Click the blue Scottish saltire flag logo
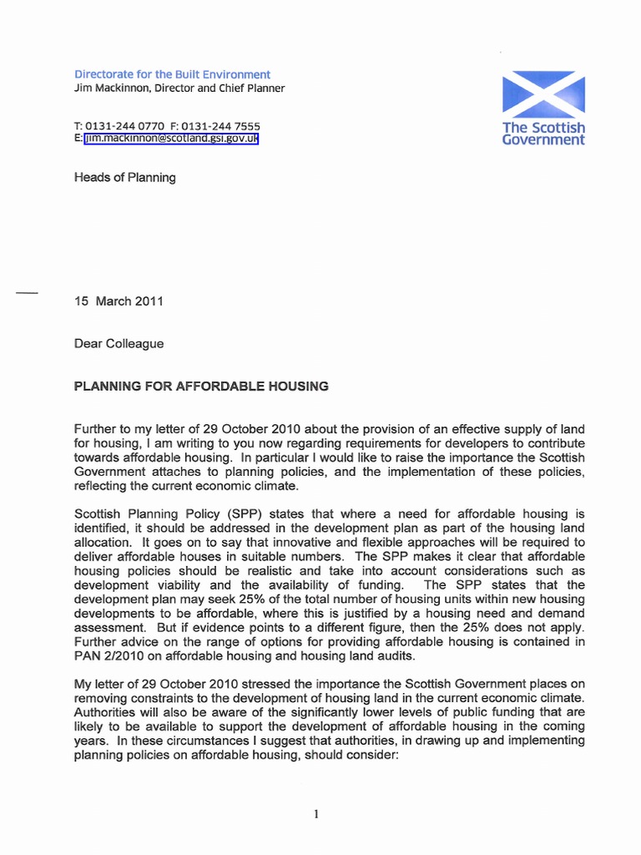click(x=543, y=94)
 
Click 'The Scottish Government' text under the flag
click(x=543, y=134)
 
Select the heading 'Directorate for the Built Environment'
click(x=173, y=74)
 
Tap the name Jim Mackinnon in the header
click(x=113, y=89)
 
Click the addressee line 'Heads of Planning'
click(x=125, y=177)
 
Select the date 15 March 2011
click(x=119, y=301)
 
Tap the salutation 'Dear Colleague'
click(x=119, y=343)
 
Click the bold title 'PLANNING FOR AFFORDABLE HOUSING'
click(x=201, y=387)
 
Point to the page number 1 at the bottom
click(x=317, y=815)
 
